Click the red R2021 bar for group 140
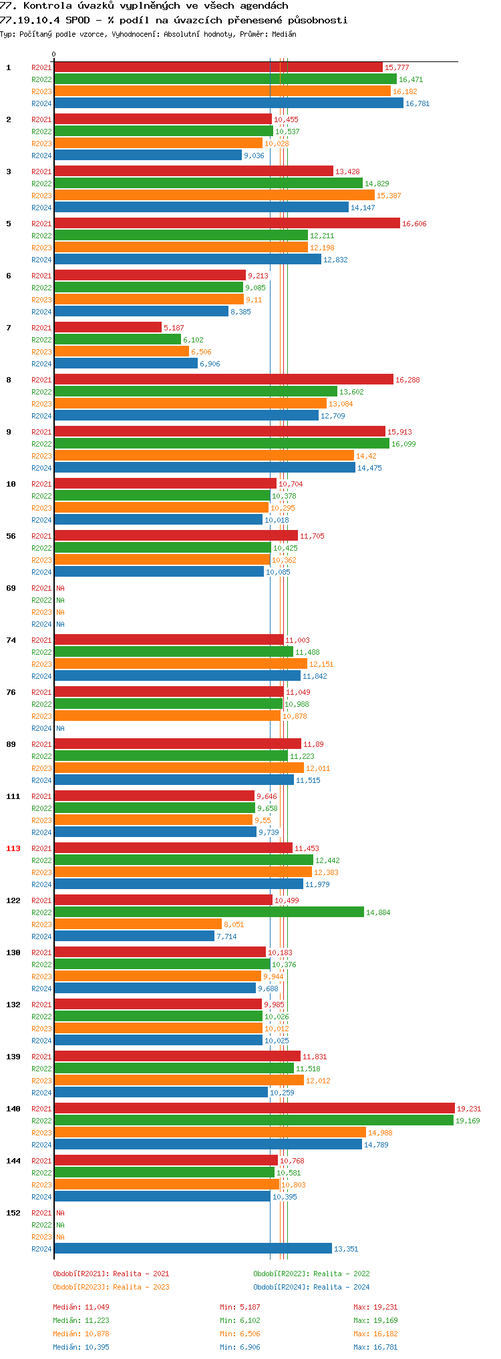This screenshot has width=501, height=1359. coord(254,1109)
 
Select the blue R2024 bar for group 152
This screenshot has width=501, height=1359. coord(193,1249)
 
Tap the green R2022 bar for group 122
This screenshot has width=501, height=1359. coord(209,912)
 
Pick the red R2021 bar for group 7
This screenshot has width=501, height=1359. coord(108,328)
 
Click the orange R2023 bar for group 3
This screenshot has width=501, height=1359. coord(214,196)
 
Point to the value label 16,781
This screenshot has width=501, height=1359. coord(417,103)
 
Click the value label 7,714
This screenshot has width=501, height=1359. coord(226,936)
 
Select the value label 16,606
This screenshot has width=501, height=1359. coord(414,224)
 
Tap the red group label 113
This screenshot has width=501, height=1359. coord(13,848)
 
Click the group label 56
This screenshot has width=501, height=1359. coord(11,536)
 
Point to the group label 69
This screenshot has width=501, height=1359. coord(11,588)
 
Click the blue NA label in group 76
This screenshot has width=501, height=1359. coord(60,728)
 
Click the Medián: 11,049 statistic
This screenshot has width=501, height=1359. coord(81,1307)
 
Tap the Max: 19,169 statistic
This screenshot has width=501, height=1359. coord(375,1320)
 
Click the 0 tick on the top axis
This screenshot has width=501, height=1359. coord(54,55)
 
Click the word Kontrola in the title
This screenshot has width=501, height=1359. coord(47,5)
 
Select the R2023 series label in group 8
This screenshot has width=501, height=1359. coord(41,404)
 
